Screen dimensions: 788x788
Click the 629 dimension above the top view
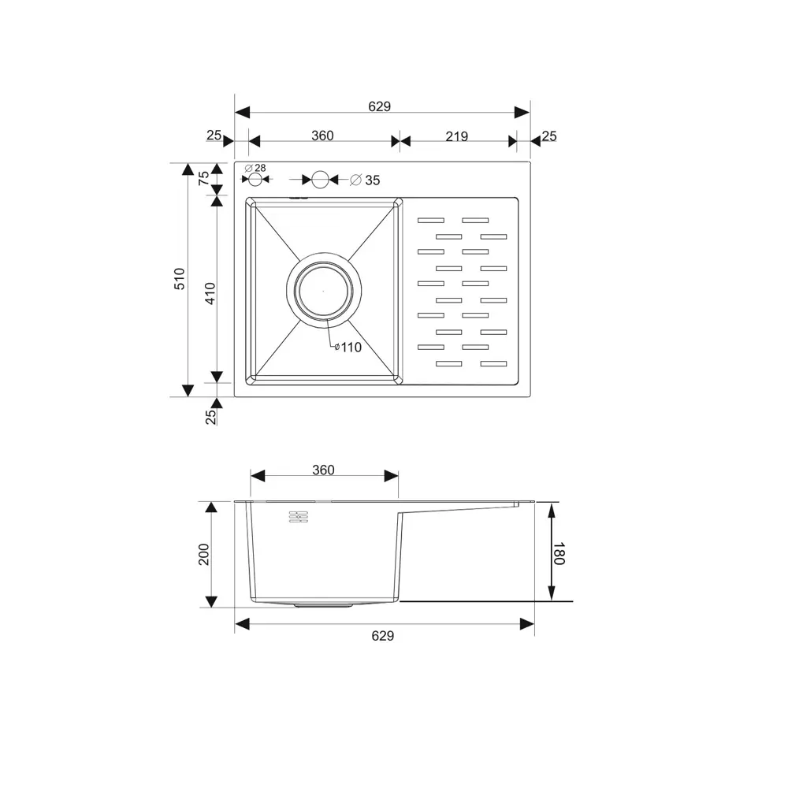[380, 106]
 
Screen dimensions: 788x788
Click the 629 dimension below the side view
[382, 636]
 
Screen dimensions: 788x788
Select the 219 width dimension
[456, 136]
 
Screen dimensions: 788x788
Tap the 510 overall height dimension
[180, 278]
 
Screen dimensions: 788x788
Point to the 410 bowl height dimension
[210, 293]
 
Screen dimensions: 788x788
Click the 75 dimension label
[203, 178]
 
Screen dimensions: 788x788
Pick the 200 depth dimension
[203, 554]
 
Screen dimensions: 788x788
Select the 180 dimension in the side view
[559, 553]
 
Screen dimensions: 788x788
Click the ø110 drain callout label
[348, 348]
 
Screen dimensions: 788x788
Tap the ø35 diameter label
[365, 180]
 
